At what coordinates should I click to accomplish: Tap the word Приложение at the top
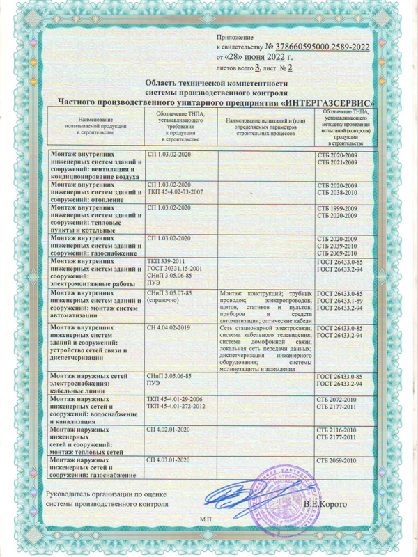236,36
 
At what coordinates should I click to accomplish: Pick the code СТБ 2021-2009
337,163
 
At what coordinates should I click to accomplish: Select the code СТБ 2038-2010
337,191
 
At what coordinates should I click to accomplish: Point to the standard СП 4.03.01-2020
171,460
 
